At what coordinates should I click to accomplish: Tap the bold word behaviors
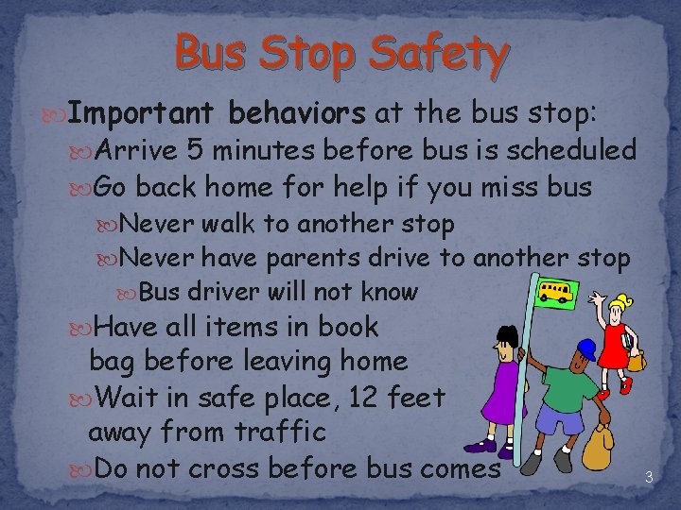point(297,114)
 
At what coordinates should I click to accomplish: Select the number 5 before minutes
point(193,150)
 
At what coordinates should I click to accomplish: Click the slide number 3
point(649,477)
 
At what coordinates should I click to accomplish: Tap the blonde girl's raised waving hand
point(597,301)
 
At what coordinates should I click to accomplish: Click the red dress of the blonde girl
point(615,347)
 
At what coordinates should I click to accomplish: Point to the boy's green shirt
point(571,386)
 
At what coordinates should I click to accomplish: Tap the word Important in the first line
point(142,114)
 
